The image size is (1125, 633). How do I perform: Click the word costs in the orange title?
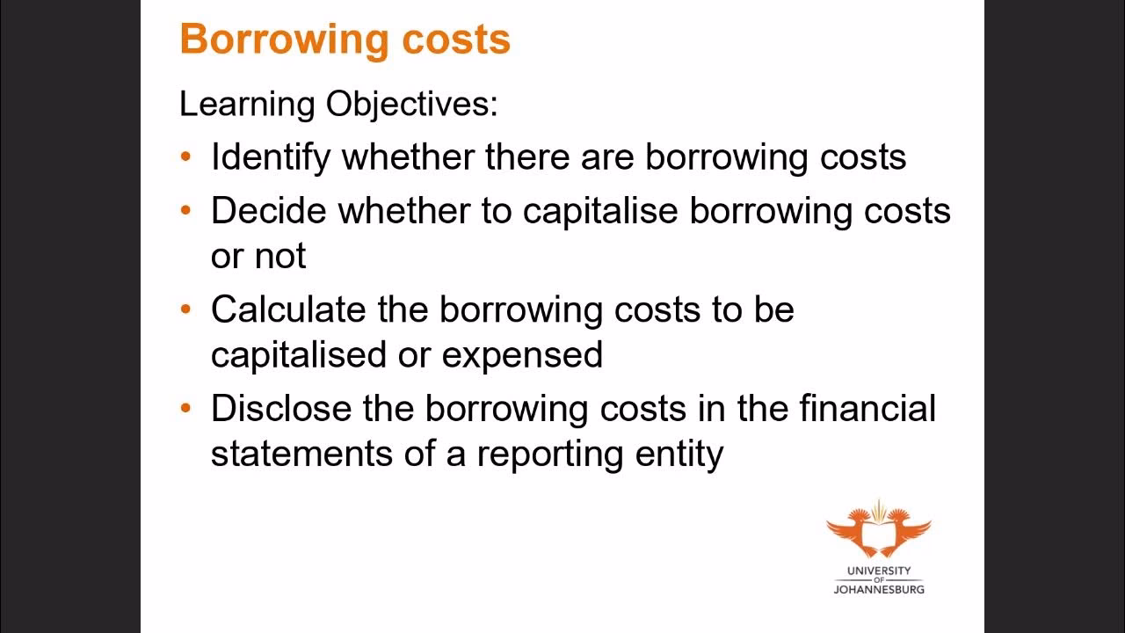click(465, 40)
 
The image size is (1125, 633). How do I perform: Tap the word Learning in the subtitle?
click(247, 105)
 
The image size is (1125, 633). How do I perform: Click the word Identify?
click(271, 157)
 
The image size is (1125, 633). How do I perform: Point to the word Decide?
click(269, 211)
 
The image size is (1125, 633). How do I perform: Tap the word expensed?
click(522, 354)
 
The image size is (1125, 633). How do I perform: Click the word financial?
click(867, 409)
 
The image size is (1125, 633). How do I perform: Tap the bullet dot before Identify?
click(185, 158)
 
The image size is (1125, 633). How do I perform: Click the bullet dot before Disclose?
click(185, 410)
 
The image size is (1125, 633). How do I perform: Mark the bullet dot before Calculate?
click(185, 310)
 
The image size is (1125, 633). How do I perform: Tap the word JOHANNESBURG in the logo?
click(878, 589)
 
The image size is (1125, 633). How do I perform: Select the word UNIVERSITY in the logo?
click(878, 571)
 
